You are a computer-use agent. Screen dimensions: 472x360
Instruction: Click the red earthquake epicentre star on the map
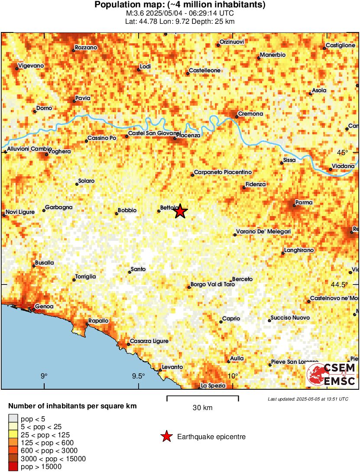pos(180,212)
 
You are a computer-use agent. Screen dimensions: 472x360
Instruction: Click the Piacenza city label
pos(188,136)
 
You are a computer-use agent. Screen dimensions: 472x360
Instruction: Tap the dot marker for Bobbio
pos(117,213)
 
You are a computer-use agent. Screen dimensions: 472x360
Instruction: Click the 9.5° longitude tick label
pos(139,376)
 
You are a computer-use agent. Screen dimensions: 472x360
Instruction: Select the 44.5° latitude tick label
pos(341,284)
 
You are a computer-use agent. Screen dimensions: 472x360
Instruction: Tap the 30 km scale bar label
pos(202,407)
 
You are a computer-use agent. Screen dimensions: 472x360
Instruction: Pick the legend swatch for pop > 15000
pos(13,466)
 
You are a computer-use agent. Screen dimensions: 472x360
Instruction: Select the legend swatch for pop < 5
pos(13,419)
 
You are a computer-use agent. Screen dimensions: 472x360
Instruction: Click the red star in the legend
pos(166,437)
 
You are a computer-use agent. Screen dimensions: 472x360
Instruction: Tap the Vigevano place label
pos(32,65)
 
